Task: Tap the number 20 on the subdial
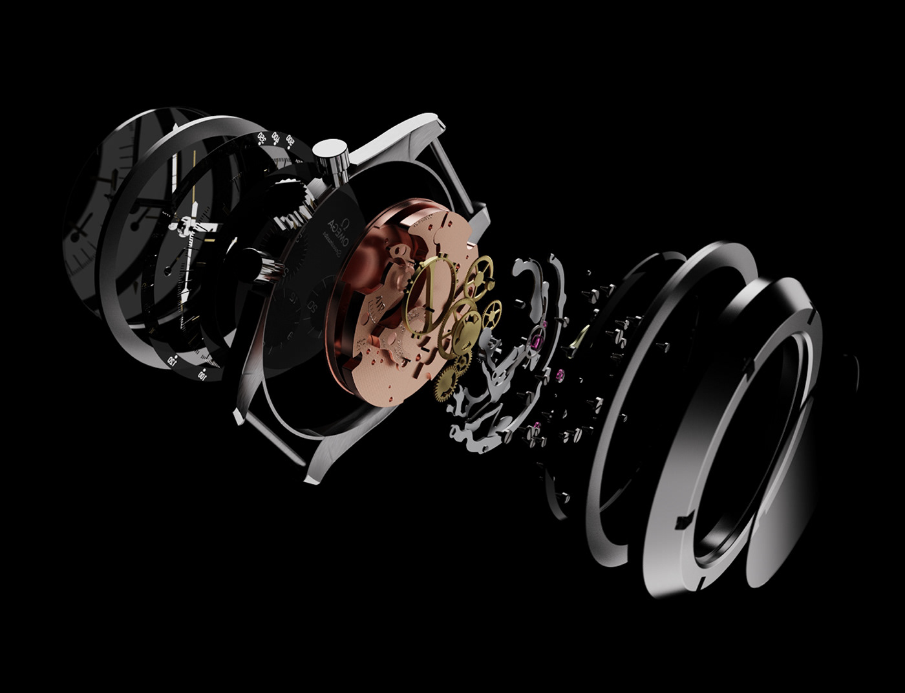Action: click(x=315, y=307)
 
